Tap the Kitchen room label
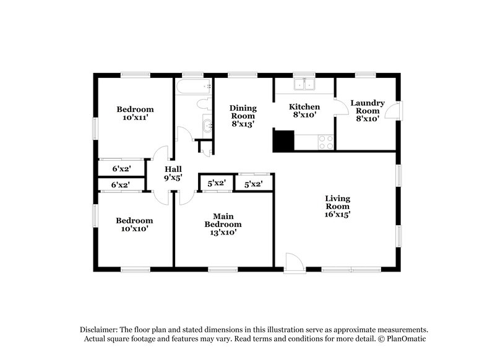(304, 106)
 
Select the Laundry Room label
(367, 106)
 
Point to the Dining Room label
(243, 111)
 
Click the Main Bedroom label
(223, 220)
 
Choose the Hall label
(173, 168)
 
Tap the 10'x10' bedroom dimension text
(135, 229)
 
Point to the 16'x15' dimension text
(338, 215)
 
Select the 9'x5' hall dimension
(173, 178)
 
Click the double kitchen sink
(304, 85)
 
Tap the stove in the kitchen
(325, 142)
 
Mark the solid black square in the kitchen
(283, 140)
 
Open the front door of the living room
(294, 262)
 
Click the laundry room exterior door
(392, 111)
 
